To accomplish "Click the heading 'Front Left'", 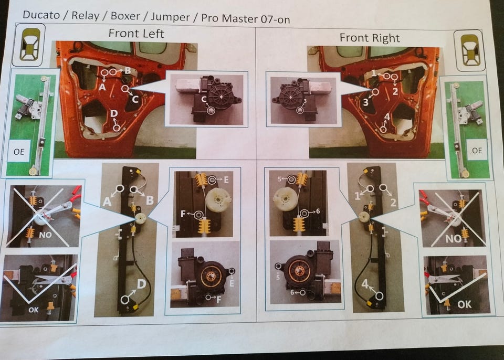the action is click(x=136, y=34).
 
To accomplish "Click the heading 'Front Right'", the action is click(x=370, y=38).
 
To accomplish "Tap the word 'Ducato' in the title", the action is click(x=41, y=15).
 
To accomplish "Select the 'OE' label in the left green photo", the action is click(x=19, y=151).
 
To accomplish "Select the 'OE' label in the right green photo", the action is click(x=477, y=150).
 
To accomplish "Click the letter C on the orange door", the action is click(x=135, y=99).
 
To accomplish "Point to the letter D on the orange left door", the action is click(x=114, y=113).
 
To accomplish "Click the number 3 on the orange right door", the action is click(x=366, y=102).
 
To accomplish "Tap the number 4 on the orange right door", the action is click(x=387, y=117).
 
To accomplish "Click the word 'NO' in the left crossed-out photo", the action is click(x=45, y=235).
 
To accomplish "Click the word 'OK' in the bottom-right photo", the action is click(x=465, y=304).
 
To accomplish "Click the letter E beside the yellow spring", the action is click(x=226, y=180).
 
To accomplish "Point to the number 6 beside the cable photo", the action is click(x=318, y=211).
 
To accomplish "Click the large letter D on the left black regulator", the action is click(x=142, y=284).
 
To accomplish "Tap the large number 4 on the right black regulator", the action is click(x=365, y=284).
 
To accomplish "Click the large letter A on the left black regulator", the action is click(x=107, y=202).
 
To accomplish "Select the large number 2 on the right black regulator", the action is click(x=393, y=202).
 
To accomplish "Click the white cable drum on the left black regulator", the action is click(x=141, y=218).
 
